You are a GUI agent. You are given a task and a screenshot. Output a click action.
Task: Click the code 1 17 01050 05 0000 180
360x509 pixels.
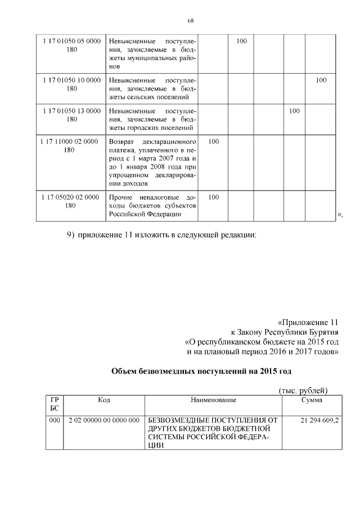click(x=71, y=46)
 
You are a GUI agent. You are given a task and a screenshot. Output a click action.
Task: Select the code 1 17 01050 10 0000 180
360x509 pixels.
click(x=71, y=84)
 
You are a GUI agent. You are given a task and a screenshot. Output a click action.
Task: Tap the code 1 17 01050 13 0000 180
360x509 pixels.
click(x=71, y=115)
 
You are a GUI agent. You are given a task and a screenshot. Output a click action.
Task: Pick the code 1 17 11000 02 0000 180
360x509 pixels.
click(x=69, y=146)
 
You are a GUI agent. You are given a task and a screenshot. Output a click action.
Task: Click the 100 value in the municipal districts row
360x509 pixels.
click(x=241, y=42)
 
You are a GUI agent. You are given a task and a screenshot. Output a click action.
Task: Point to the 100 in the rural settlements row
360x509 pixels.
click(x=321, y=80)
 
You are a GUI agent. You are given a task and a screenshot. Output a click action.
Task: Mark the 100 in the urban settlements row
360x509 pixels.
click(x=294, y=111)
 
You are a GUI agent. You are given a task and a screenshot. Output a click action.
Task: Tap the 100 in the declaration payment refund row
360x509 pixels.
click(x=214, y=142)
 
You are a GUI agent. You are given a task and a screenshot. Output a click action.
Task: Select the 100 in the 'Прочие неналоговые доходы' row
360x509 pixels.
click(x=214, y=197)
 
